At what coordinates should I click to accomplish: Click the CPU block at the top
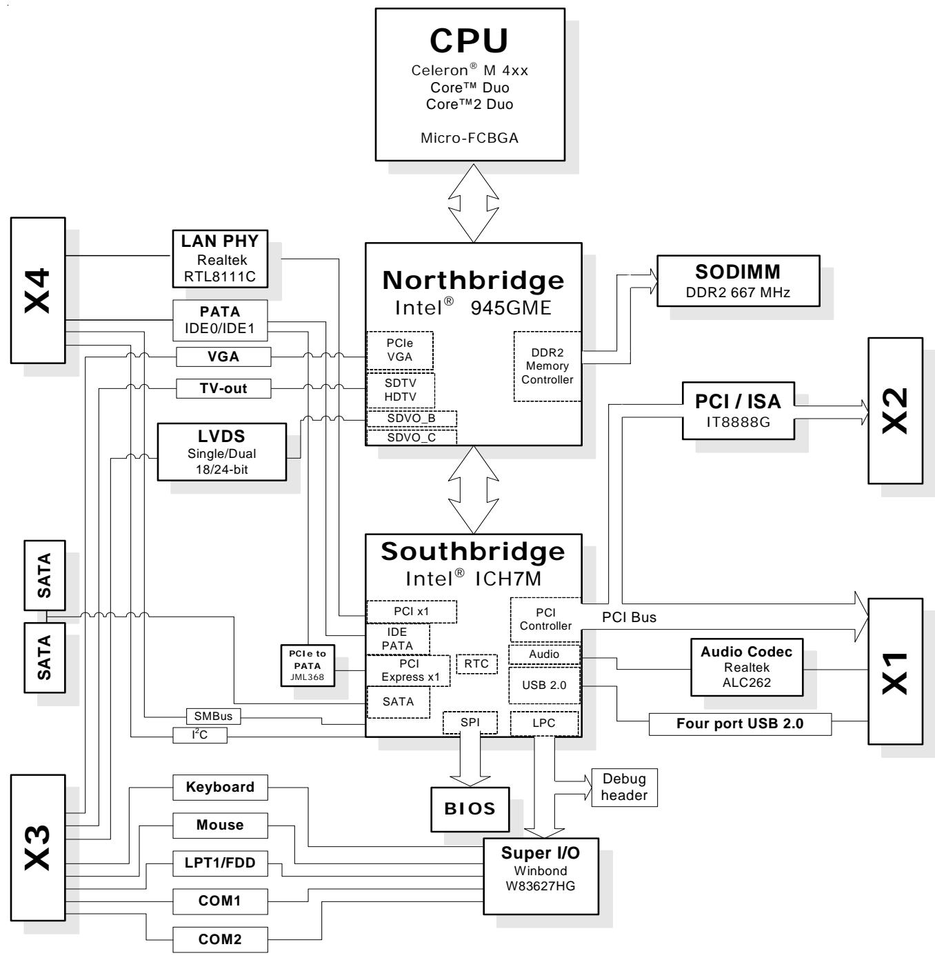tap(470, 84)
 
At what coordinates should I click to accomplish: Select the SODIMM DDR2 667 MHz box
tap(738, 281)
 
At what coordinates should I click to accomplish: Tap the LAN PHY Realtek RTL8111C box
tap(220, 259)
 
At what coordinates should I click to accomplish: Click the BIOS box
tap(470, 809)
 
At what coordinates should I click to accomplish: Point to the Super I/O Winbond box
tap(541, 876)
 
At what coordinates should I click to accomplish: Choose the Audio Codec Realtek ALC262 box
tap(747, 667)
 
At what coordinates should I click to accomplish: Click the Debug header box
tap(624, 787)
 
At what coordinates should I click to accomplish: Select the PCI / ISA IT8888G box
tap(738, 410)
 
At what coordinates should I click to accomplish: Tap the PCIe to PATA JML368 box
tap(308, 665)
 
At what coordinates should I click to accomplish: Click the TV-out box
tap(223, 388)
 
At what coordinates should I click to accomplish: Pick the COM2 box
tap(220, 939)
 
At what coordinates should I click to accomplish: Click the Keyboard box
tap(220, 787)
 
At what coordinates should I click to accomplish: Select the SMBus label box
tap(213, 716)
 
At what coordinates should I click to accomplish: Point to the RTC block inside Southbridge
tap(476, 663)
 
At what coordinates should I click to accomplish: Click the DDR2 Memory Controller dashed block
tap(547, 366)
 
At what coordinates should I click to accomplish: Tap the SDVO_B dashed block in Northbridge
tap(411, 419)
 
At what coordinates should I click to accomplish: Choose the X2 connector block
tap(895, 410)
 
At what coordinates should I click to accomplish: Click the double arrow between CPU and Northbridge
tap(474, 203)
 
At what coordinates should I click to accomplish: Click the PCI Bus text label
tap(629, 617)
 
